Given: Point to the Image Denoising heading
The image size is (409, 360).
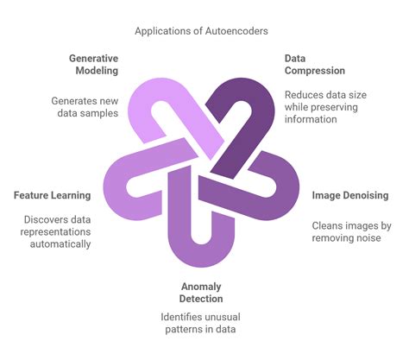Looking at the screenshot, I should point(349,195).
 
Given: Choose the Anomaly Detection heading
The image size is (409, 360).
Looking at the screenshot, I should point(202,292).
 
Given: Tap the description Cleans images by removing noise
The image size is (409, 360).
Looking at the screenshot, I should point(350,232).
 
